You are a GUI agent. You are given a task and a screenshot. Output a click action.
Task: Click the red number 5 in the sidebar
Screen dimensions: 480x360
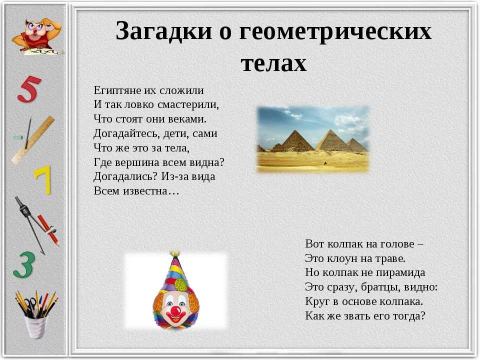coord(29,89)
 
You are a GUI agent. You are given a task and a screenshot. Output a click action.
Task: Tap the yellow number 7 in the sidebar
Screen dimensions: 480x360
coord(43,180)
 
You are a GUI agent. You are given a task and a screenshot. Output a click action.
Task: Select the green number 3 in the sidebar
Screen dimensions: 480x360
coord(24,265)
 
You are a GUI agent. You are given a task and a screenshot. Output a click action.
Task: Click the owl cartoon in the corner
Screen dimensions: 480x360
coord(36,36)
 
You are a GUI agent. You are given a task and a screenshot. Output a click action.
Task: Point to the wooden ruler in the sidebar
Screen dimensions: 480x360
coord(33,139)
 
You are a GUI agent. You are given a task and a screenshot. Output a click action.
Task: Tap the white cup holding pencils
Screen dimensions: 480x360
coord(36,326)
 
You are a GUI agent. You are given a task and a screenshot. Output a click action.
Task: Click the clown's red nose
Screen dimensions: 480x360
coord(175,311)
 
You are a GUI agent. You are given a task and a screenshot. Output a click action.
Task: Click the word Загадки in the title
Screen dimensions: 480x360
coord(164,31)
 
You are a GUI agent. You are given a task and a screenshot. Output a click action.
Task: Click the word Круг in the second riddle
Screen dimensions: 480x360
coord(317,302)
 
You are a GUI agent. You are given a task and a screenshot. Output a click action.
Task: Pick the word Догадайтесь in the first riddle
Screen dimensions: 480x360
coord(126,134)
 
